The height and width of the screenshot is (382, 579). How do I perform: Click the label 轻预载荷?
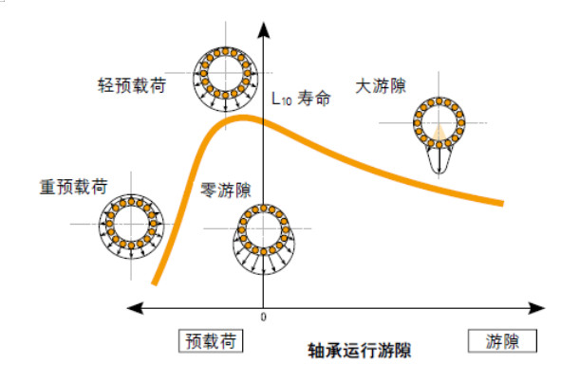pyautogui.click(x=133, y=84)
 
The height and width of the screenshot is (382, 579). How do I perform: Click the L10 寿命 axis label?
pyautogui.click(x=301, y=99)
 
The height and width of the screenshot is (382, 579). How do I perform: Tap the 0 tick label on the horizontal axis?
pyautogui.click(x=263, y=317)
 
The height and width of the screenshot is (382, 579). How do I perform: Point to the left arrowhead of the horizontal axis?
pyautogui.click(x=136, y=306)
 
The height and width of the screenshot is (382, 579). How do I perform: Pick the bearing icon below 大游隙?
pyautogui.click(x=438, y=120)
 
